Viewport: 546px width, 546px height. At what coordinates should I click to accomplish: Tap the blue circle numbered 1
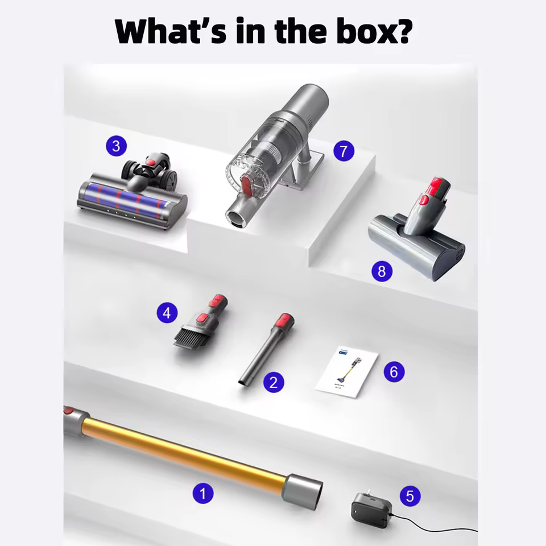click(x=202, y=493)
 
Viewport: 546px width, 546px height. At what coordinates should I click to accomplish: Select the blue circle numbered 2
click(x=274, y=383)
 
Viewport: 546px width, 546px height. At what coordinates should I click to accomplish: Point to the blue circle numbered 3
click(x=116, y=146)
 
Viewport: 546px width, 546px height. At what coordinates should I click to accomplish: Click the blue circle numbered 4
click(x=167, y=312)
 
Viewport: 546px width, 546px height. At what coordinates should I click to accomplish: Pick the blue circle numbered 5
click(x=409, y=496)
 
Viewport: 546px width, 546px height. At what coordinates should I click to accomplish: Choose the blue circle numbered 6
click(x=394, y=372)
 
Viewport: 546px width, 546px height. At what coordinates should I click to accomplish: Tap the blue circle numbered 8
click(x=382, y=271)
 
